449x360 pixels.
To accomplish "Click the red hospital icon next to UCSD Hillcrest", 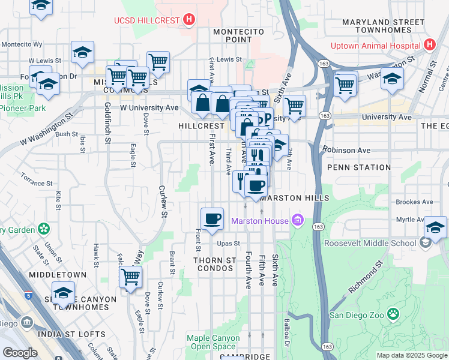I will (x=190, y=20).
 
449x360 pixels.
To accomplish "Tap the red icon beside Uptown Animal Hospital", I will (x=429, y=45).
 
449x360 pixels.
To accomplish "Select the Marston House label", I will (x=260, y=221).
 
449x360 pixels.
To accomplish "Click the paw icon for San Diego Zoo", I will (x=393, y=314).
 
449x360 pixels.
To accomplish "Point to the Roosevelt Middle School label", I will (x=370, y=243).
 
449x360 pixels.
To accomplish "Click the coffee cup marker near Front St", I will (x=211, y=220).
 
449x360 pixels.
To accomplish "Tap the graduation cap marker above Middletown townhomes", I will (x=63, y=293).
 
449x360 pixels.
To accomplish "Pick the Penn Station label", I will (x=349, y=167).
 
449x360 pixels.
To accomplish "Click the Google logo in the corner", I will (x=20, y=353).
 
